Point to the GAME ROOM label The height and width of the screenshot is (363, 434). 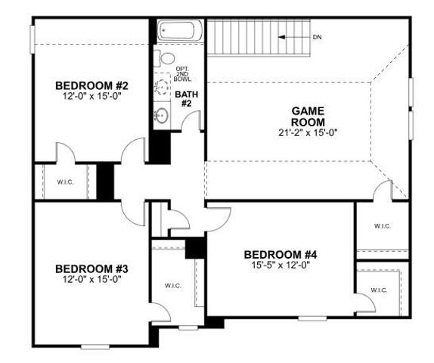coord(308,116)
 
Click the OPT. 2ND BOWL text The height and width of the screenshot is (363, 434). coord(183,73)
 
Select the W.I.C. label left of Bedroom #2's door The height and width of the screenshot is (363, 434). coord(64,181)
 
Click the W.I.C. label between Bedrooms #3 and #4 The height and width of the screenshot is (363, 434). coord(173,285)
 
